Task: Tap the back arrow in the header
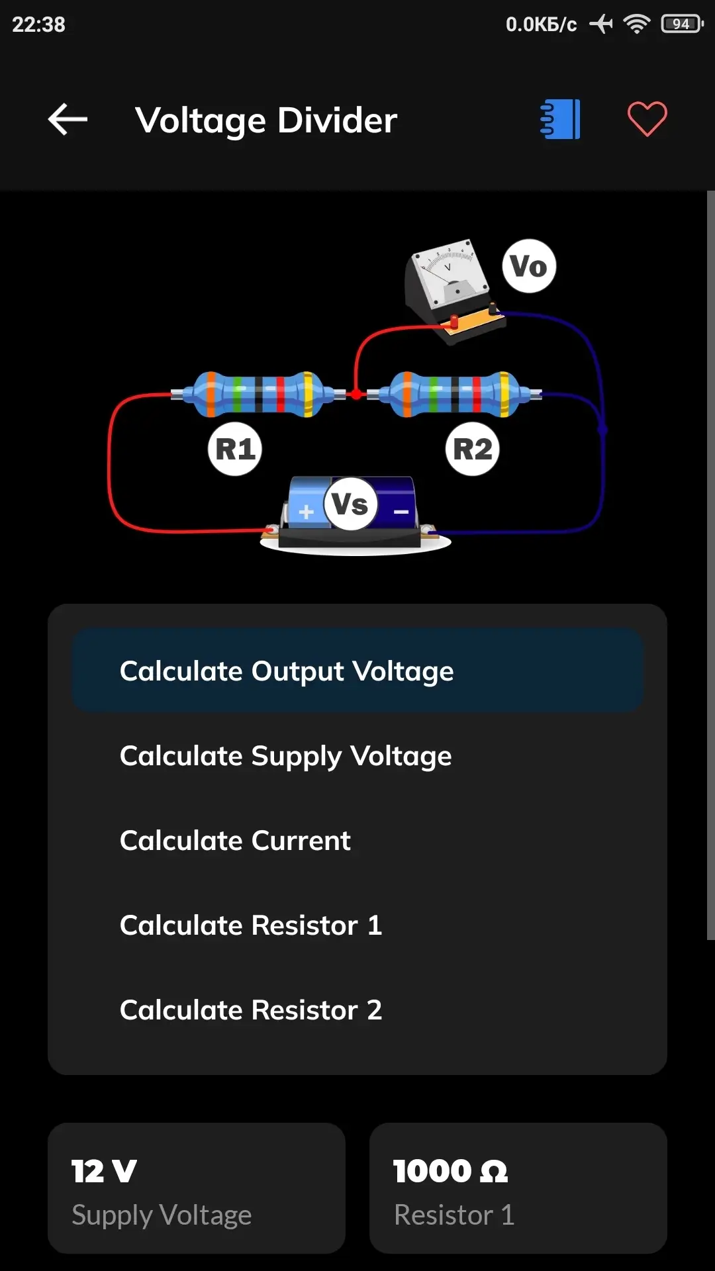68,120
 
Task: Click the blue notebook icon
560,120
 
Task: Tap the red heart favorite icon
647,120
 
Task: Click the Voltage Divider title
266,120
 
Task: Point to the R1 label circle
235,449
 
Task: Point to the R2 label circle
473,449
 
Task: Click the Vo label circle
529,266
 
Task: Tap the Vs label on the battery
350,504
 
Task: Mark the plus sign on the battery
306,512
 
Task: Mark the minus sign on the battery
401,512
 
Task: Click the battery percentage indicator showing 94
681,24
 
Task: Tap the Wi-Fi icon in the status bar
636,24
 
